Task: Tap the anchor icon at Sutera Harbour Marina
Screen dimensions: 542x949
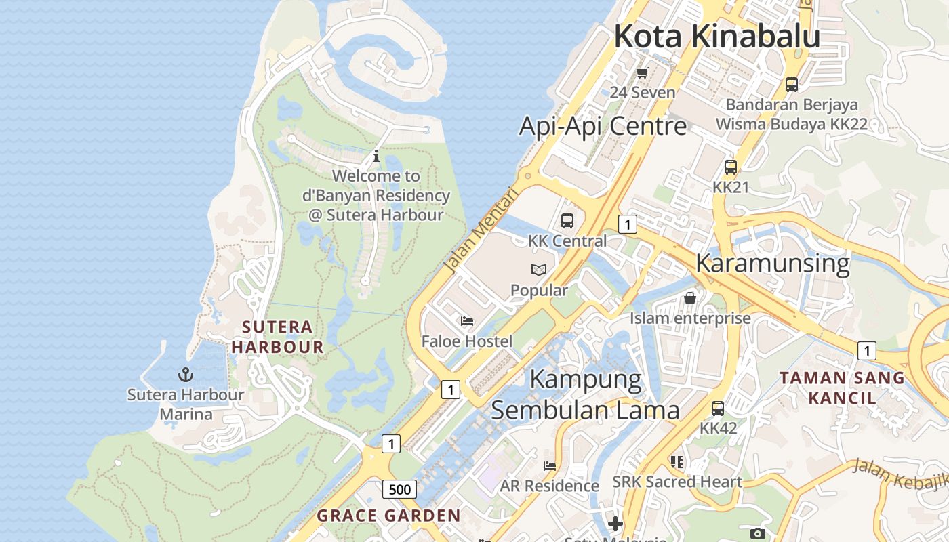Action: [x=186, y=375]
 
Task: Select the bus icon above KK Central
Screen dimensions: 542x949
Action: [x=567, y=221]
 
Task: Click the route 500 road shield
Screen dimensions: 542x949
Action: [x=399, y=489]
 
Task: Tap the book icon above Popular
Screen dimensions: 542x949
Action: [x=539, y=270]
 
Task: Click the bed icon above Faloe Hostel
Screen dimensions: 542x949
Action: [x=467, y=321]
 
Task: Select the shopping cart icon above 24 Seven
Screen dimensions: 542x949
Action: [x=642, y=72]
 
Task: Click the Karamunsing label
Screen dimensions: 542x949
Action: [x=772, y=263]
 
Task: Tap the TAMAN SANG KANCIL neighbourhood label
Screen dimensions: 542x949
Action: [x=842, y=388]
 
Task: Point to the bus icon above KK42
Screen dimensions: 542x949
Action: [x=718, y=409]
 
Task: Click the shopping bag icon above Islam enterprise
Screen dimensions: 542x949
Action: [x=690, y=298]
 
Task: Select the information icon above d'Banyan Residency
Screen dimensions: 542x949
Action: [x=376, y=157]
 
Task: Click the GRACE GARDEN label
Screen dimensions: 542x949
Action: [x=389, y=516]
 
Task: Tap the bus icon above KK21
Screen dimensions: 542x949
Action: [x=731, y=167]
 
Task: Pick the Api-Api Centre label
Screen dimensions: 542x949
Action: [x=603, y=126]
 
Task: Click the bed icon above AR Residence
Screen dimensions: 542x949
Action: [x=550, y=466]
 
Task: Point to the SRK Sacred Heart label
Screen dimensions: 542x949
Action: [x=677, y=482]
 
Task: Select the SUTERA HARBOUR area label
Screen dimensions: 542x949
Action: [x=277, y=337]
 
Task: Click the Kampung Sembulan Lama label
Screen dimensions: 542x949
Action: [x=585, y=394]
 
